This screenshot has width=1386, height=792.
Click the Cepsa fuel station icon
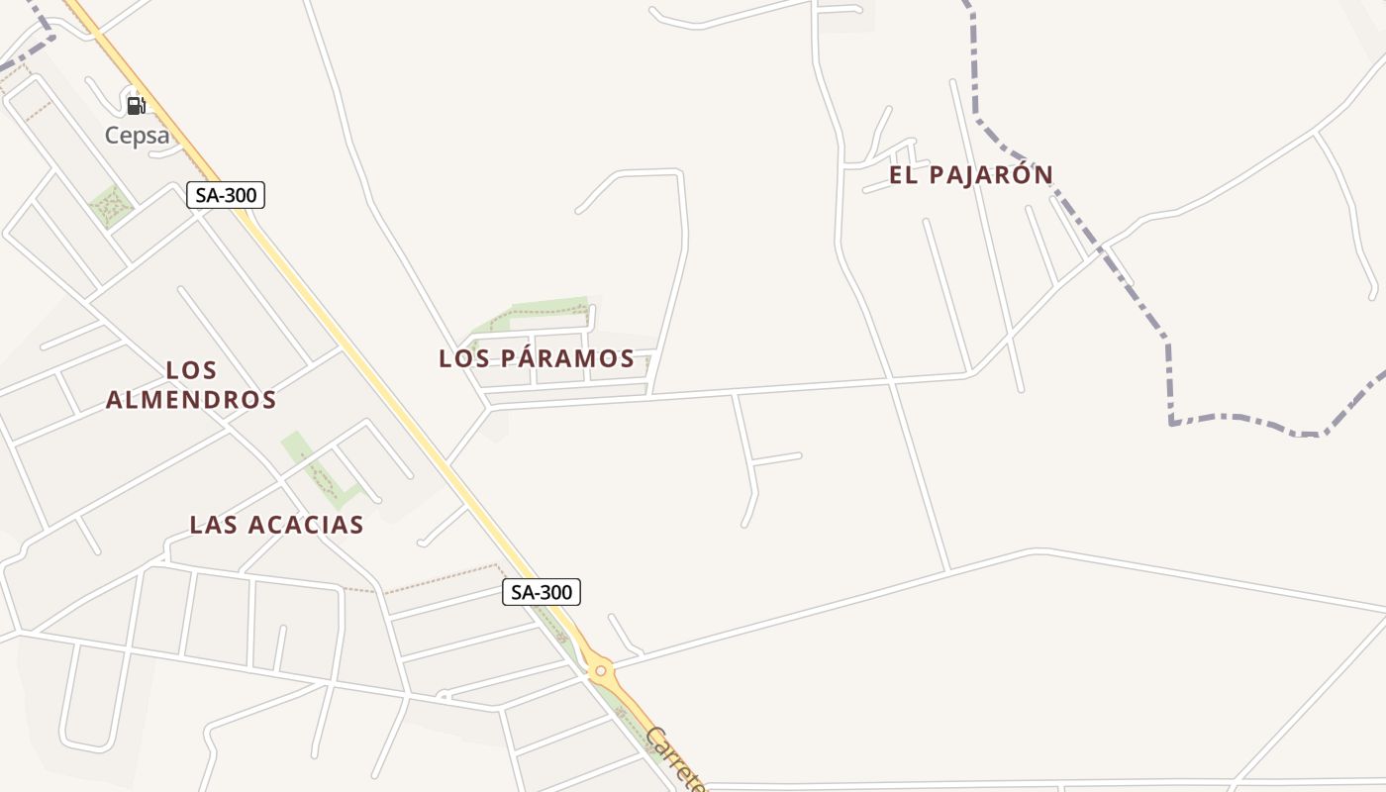point(136,105)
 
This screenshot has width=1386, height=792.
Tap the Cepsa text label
point(137,136)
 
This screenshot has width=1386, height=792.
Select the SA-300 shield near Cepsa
point(226,195)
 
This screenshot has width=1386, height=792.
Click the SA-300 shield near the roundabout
point(541,592)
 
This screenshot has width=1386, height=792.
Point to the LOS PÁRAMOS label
point(537,358)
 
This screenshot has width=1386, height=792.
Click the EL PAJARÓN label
point(970,175)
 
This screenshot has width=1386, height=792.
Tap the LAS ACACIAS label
point(276,525)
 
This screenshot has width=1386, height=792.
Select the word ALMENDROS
point(191,400)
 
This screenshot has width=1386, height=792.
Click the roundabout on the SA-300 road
point(600,671)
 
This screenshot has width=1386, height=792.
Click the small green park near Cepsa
point(111,206)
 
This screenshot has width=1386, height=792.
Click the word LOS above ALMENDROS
point(191,370)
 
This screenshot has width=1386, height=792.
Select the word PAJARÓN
point(990,175)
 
